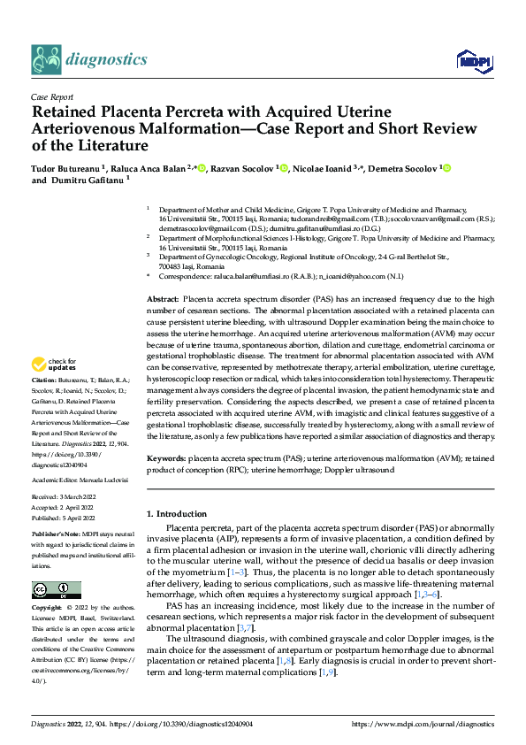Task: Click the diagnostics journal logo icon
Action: click(x=45, y=60)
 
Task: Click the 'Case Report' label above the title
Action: click(x=51, y=97)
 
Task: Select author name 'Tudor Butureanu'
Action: click(x=65, y=167)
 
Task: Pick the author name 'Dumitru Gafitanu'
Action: click(x=88, y=179)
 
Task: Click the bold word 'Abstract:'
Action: click(x=164, y=301)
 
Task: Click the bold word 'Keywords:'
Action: click(x=165, y=458)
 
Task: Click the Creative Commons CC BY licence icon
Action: click(x=57, y=590)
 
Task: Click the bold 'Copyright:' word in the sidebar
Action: click(x=48, y=609)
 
